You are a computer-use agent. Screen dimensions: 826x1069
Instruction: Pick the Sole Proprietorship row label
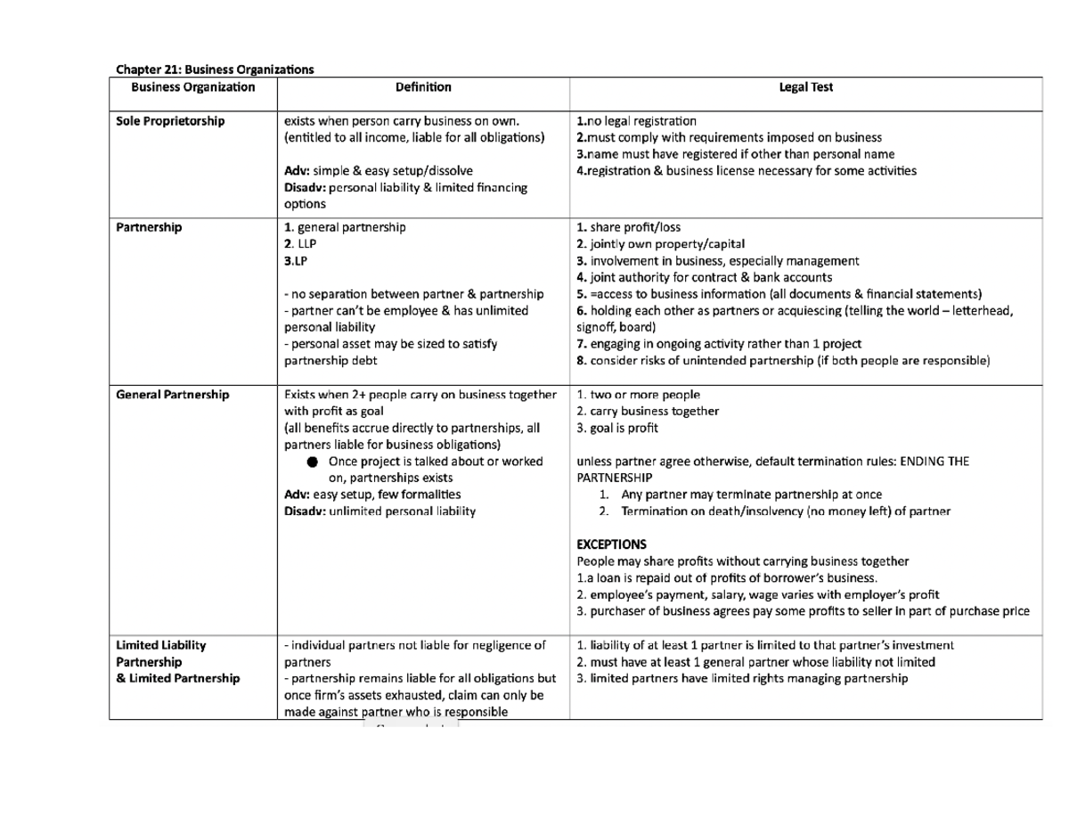[170, 120]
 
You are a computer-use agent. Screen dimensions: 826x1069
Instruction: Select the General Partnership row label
[173, 394]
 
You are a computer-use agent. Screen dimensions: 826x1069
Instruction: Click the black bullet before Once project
[311, 462]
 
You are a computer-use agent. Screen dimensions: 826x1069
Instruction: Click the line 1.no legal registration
[637, 120]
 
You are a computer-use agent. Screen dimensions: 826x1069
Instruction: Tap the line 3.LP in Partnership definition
[293, 260]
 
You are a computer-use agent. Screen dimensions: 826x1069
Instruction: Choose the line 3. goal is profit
[618, 428]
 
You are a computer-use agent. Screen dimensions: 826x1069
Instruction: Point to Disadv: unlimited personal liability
[379, 511]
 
